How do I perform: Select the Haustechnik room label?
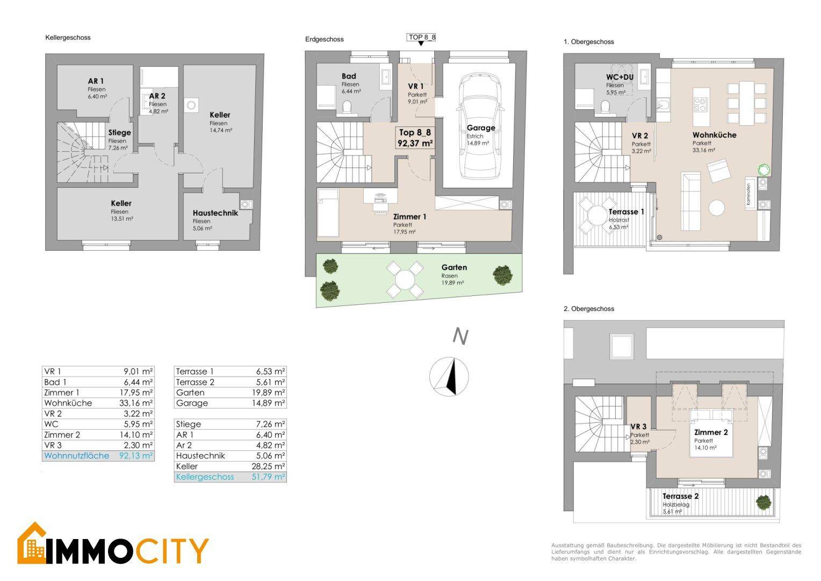[215, 213]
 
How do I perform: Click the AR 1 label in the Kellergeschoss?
[96, 81]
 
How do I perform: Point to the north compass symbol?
[449, 377]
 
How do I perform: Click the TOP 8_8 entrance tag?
[421, 38]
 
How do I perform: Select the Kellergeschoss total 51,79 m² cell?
[268, 477]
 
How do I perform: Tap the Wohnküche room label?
[714, 135]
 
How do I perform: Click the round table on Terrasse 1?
[597, 215]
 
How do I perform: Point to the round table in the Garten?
[405, 279]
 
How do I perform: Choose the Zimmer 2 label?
[711, 433]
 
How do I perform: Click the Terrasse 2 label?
[681, 496]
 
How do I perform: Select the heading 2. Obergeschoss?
[589, 309]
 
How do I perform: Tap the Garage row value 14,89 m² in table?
[268, 403]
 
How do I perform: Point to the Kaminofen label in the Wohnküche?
[748, 194]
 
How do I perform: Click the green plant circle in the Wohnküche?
[764, 170]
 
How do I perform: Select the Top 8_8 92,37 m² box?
[415, 138]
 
